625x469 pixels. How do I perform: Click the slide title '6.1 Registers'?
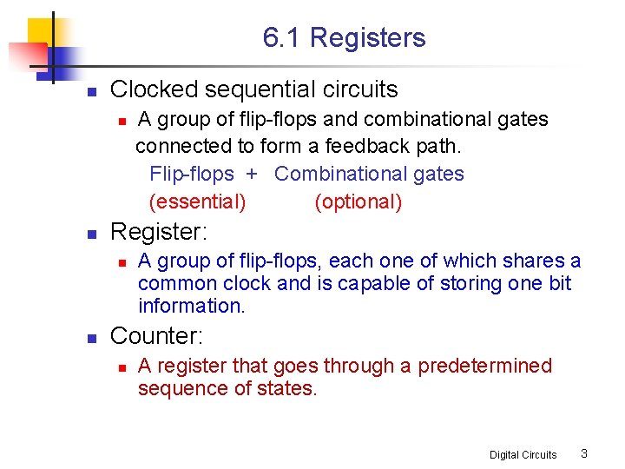(345, 38)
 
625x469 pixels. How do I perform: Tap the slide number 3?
(584, 453)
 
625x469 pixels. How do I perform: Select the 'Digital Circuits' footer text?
(523, 454)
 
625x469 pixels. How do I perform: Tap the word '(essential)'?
(198, 202)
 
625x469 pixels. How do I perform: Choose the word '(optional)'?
(358, 202)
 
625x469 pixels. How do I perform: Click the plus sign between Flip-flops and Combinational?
(252, 174)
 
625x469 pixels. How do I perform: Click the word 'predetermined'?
(484, 366)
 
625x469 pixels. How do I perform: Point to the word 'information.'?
(192, 306)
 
